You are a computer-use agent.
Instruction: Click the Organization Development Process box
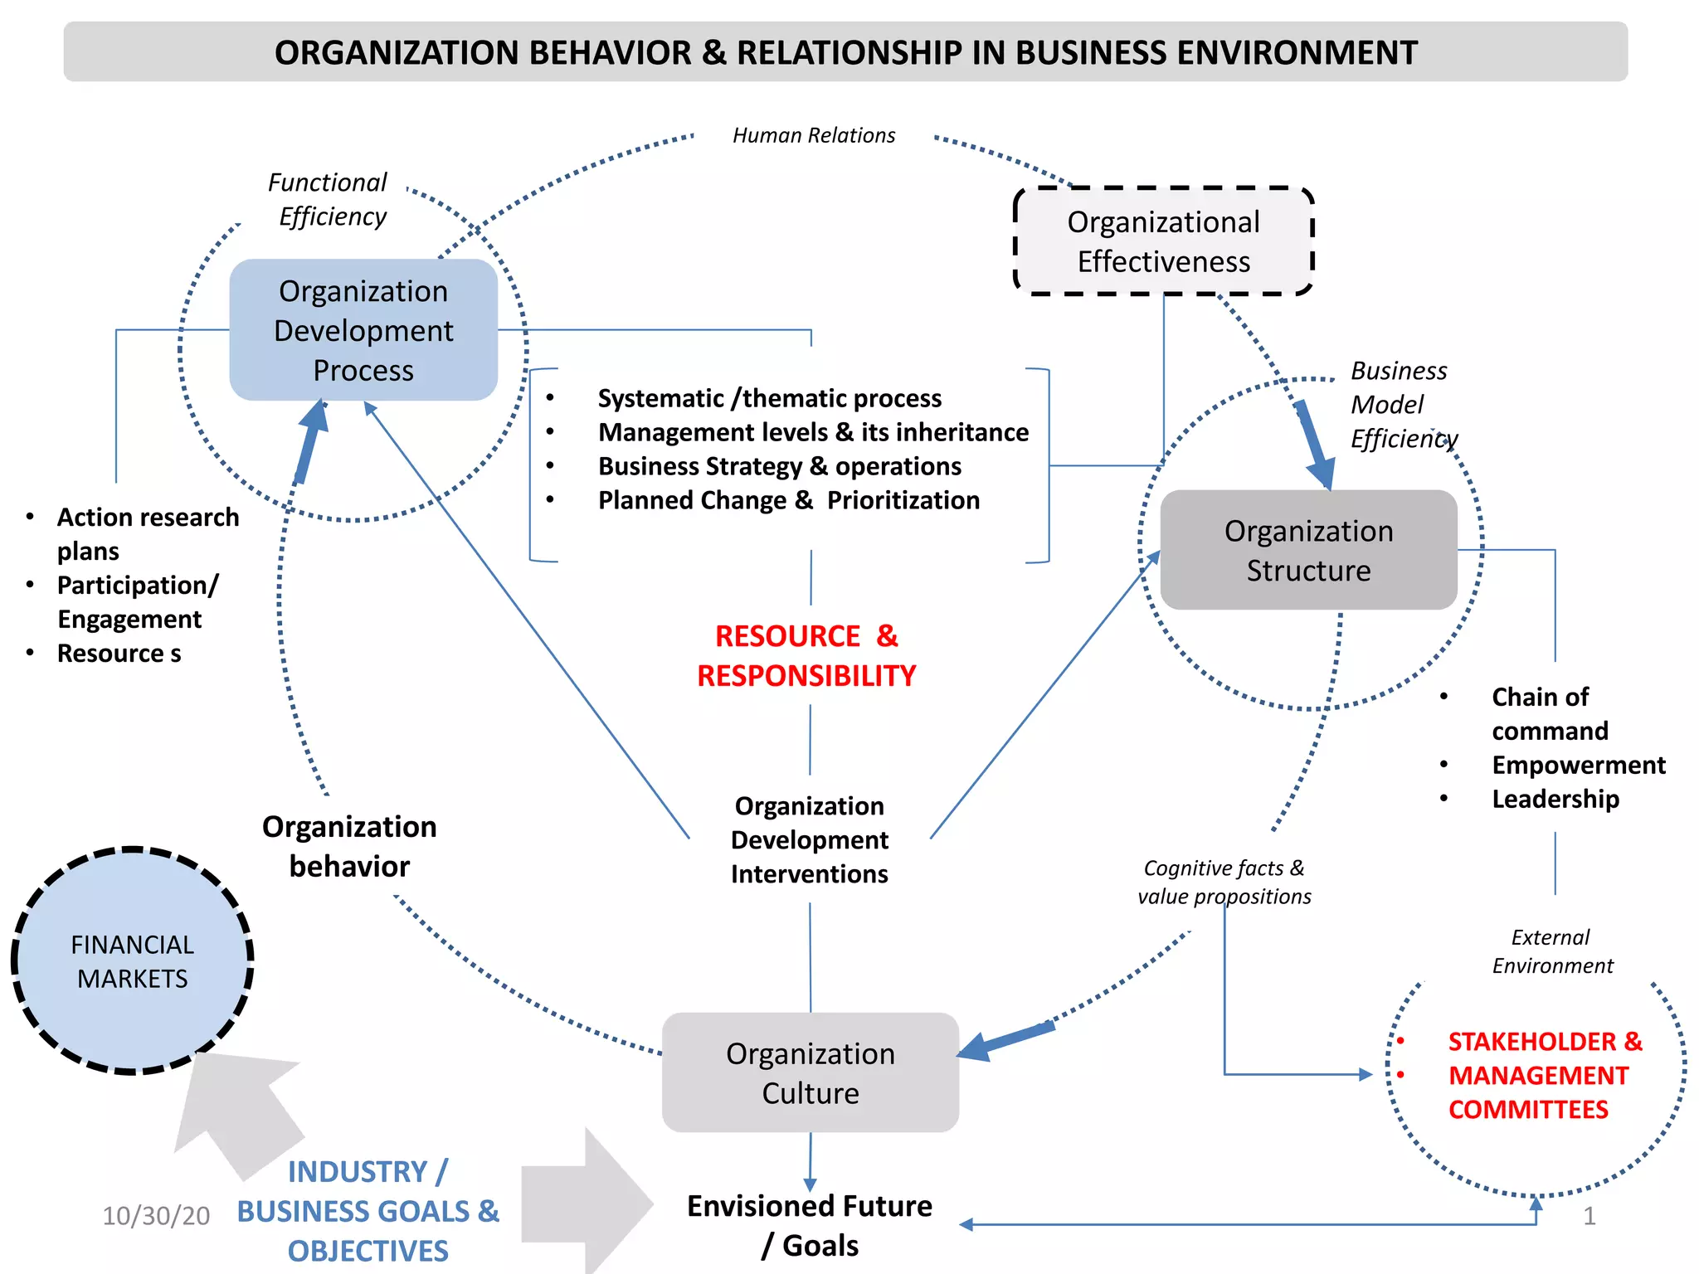tap(363, 330)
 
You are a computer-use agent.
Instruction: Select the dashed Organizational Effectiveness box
tap(1163, 241)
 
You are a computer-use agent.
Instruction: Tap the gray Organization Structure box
tap(1308, 550)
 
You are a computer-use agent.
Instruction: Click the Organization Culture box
tap(810, 1072)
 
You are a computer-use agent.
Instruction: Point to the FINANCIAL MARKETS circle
tap(132, 961)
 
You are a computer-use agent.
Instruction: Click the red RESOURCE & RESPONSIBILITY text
tap(806, 655)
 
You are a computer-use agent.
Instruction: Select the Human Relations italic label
tap(813, 135)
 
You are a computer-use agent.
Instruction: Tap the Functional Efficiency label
tap(329, 199)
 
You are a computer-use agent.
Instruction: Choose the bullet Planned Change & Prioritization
tap(788, 500)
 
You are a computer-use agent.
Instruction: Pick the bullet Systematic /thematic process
tap(769, 398)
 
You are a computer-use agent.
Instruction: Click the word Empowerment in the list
tap(1578, 765)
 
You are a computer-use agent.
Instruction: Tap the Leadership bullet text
tap(1555, 799)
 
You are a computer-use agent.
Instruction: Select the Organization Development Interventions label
tap(809, 839)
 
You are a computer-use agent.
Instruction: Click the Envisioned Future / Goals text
tap(809, 1225)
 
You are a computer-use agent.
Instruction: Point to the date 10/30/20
tap(156, 1216)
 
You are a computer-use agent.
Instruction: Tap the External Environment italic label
tap(1552, 951)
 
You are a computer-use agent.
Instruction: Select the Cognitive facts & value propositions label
tap(1224, 882)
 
